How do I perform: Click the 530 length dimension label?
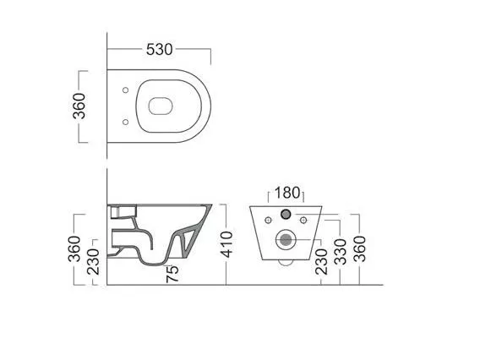pyautogui.click(x=160, y=50)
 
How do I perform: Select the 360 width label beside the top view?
pyautogui.click(x=79, y=106)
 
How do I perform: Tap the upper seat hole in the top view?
pyautogui.click(x=126, y=90)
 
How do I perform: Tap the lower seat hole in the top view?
pyautogui.click(x=126, y=122)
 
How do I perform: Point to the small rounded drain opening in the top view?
pyautogui.click(x=161, y=106)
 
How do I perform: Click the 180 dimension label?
pyautogui.click(x=287, y=193)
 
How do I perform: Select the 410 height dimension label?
pyautogui.click(x=226, y=244)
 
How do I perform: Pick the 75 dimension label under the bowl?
pyautogui.click(x=172, y=274)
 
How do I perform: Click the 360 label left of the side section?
pyautogui.click(x=74, y=248)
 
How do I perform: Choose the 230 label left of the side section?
pyautogui.click(x=93, y=262)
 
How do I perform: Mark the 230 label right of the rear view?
pyautogui.click(x=321, y=262)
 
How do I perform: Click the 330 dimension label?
pyautogui.click(x=341, y=252)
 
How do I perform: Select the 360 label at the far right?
pyautogui.click(x=359, y=248)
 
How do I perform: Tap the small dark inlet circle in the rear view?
pyautogui.click(x=286, y=214)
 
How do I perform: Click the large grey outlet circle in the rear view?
pyautogui.click(x=286, y=240)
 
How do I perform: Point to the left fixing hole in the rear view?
pyautogui.click(x=268, y=220)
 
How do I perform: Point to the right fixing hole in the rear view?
pyautogui.click(x=303, y=220)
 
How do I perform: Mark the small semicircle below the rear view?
pyautogui.click(x=286, y=265)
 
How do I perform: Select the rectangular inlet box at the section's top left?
pyautogui.click(x=123, y=211)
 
